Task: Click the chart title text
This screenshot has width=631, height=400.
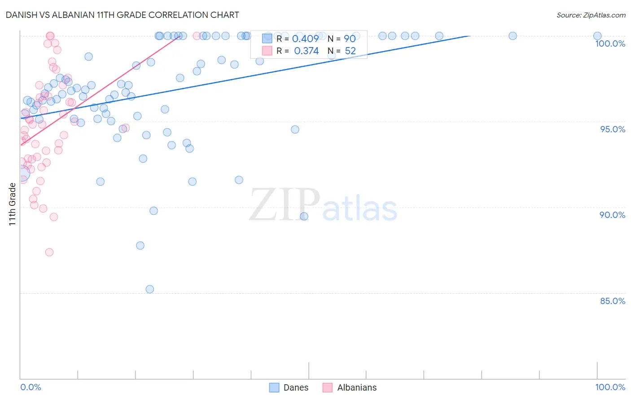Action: tap(122, 15)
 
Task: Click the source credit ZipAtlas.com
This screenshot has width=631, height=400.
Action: tap(591, 15)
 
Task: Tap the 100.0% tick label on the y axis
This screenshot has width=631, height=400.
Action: tap(610, 43)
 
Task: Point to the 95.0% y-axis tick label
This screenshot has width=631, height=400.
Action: tap(613, 129)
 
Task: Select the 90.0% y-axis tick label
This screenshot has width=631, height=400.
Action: tap(612, 215)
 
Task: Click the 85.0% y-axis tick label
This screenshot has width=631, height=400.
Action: tap(613, 301)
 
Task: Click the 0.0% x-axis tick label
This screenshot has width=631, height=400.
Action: tap(31, 387)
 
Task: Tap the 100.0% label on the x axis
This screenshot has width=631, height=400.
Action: tap(610, 387)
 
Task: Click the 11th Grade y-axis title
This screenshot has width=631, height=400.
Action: tap(13, 204)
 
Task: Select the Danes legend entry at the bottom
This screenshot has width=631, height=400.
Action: tap(289, 387)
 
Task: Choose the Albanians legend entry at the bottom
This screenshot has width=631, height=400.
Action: tap(350, 387)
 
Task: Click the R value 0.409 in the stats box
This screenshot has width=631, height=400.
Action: tap(305, 39)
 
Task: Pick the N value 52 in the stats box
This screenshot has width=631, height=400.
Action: tap(350, 51)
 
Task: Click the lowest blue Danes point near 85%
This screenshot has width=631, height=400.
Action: tap(150, 289)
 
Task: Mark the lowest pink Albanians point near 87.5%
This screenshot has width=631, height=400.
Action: tap(49, 252)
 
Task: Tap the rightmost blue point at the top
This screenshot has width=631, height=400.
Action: tap(597, 36)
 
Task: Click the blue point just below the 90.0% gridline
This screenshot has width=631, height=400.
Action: tap(304, 216)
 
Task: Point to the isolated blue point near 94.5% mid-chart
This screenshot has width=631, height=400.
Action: tap(295, 130)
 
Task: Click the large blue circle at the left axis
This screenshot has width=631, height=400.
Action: tap(22, 173)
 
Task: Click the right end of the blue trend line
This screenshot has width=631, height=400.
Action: tap(469, 36)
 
